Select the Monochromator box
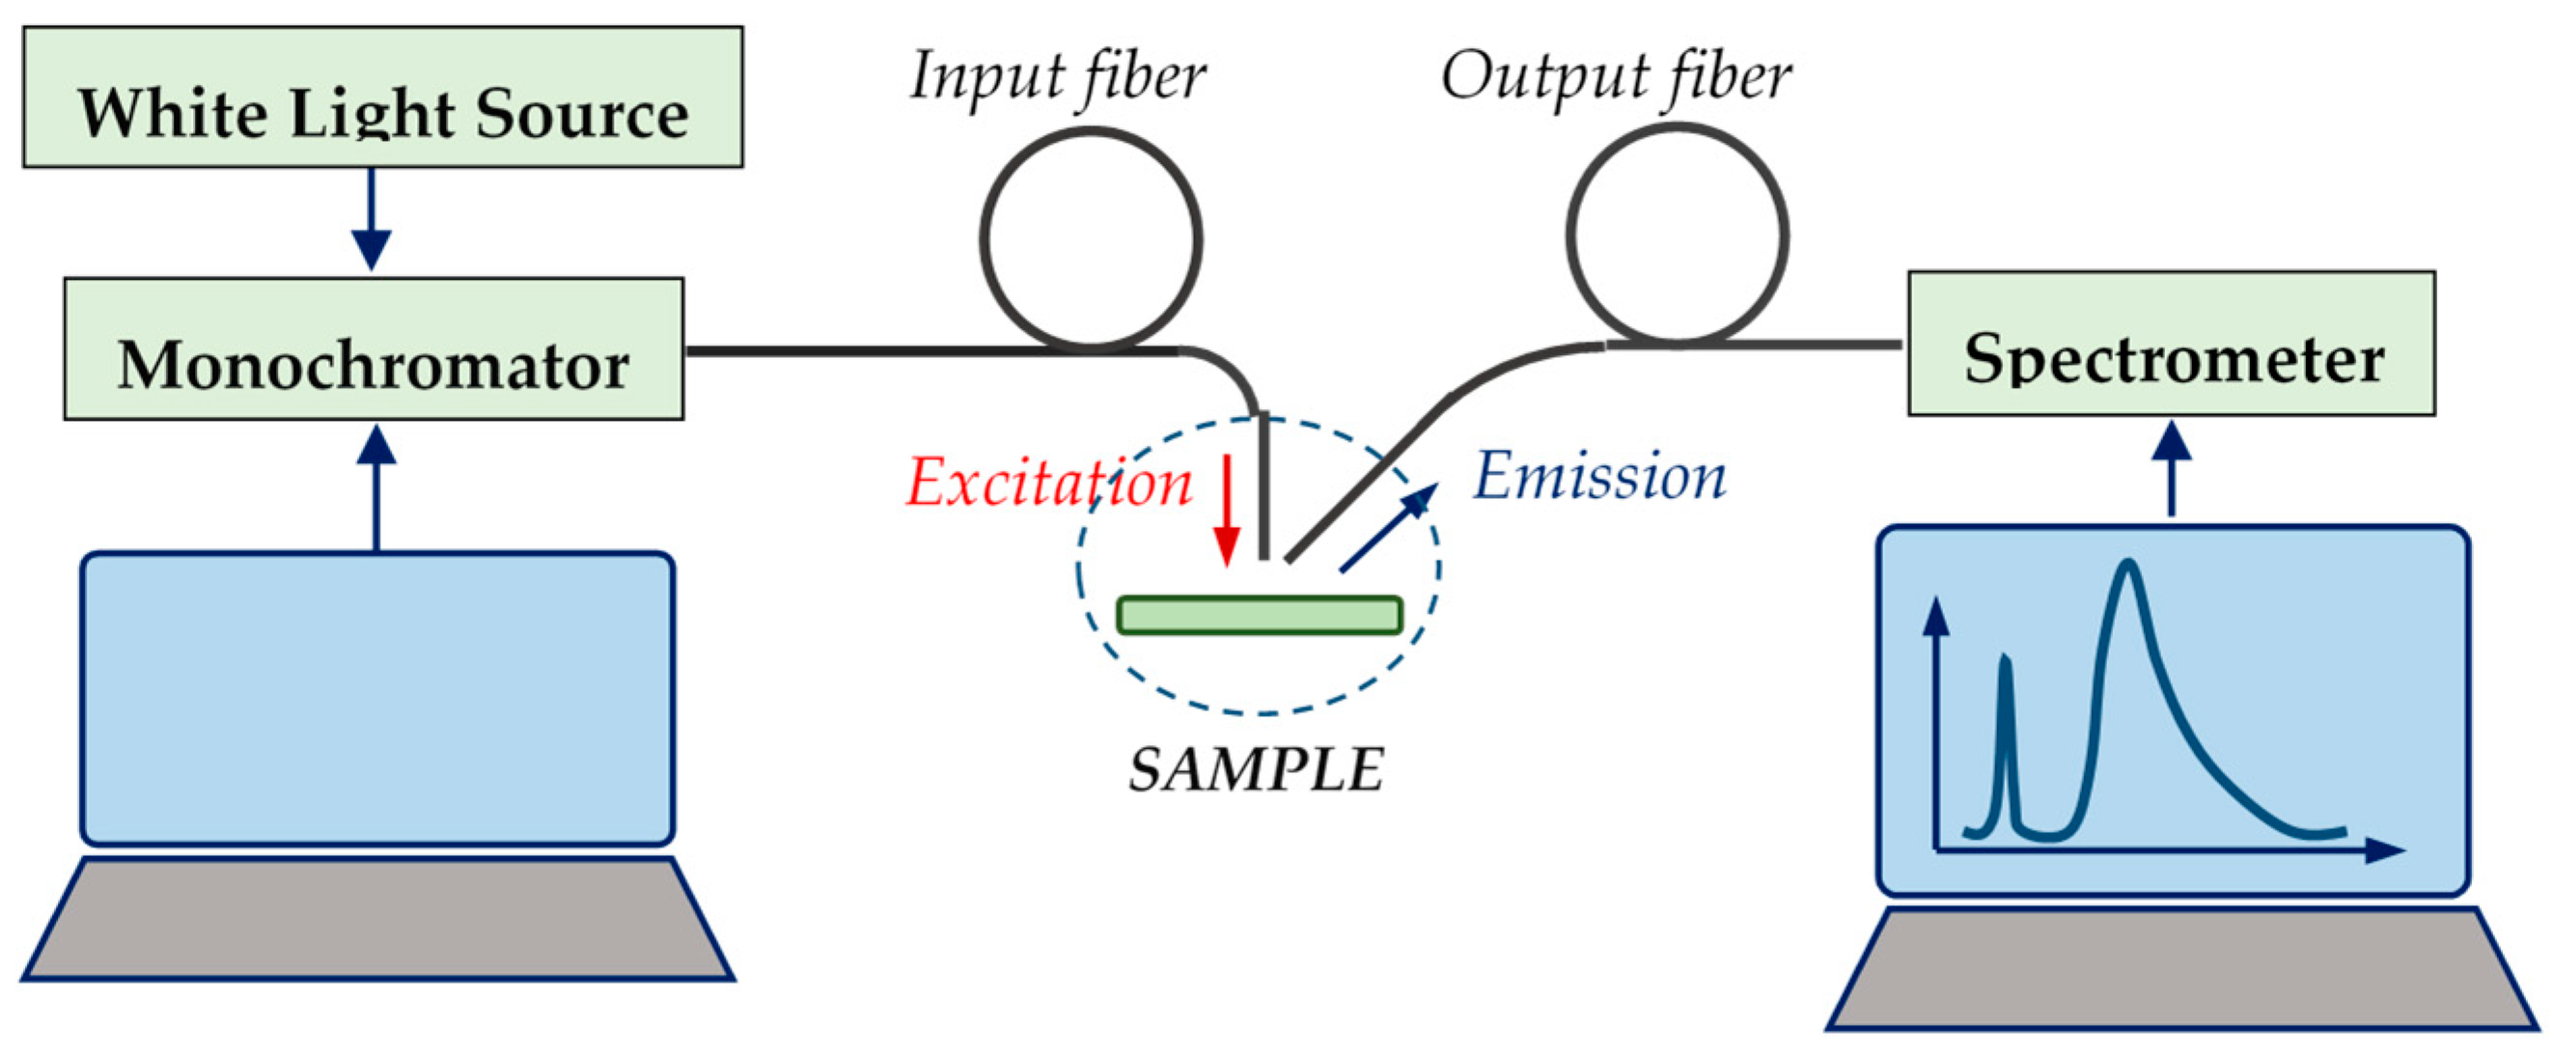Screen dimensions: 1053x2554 pos(374,349)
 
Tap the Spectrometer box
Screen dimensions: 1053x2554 pos(2172,343)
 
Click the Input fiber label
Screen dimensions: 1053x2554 pos(1057,77)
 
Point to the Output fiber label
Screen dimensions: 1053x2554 pos(1615,77)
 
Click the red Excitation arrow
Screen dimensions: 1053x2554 pos(1227,510)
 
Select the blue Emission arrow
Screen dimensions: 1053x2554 pos(1388,528)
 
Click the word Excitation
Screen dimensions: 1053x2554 pos(1049,483)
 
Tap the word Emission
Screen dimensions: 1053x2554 pos(1598,477)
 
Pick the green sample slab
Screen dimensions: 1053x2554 pos(1260,615)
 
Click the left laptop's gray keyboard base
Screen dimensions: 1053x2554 pos(376,919)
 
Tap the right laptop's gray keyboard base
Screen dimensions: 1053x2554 pos(2181,969)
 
